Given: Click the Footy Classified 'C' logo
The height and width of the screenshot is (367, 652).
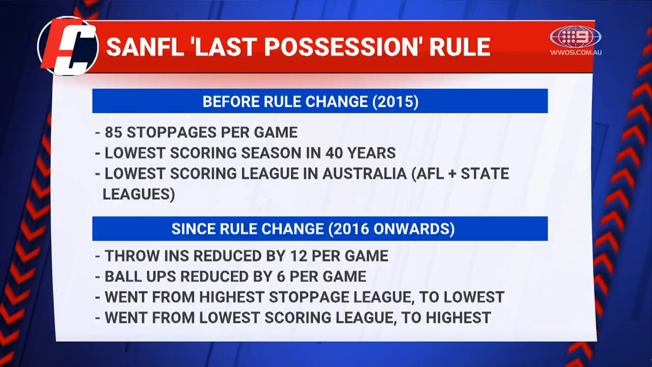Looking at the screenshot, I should click(69, 47).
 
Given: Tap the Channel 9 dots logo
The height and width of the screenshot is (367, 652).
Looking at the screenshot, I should click(575, 37).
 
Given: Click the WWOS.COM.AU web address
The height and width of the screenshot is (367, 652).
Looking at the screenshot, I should click(576, 52).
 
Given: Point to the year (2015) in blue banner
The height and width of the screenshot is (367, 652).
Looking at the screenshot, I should click(395, 101).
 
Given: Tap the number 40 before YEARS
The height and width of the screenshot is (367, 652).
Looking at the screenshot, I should click(337, 153).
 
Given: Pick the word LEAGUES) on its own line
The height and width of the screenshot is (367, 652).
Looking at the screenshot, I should click(139, 194).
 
